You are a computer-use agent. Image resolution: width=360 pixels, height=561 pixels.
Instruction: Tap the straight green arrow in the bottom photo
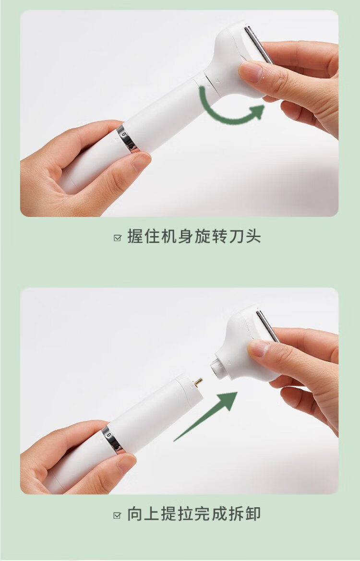pos(205,417)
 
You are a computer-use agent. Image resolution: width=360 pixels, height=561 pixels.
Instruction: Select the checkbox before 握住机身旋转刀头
pos(118,238)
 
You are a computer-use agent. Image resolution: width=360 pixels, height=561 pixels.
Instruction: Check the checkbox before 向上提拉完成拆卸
pos(118,515)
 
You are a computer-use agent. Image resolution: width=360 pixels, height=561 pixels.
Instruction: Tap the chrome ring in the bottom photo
pos(113,439)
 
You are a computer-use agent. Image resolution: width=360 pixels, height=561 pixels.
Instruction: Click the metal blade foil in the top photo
pos(258,44)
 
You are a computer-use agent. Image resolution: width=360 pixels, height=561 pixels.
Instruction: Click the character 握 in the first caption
pos(135,237)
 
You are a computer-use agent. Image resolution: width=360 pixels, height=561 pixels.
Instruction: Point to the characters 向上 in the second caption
pos(144,514)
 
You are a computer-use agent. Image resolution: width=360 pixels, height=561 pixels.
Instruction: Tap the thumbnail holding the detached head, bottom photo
pos(258,348)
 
